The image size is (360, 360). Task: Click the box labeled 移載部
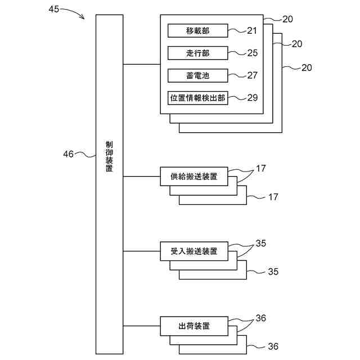click(197, 30)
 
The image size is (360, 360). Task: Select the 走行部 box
click(197, 53)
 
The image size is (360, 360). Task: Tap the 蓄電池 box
click(197, 75)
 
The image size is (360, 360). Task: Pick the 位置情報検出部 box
click(197, 98)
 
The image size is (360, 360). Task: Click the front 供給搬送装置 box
click(194, 176)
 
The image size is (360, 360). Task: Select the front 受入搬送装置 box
click(194, 251)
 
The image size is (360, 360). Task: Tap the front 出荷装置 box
click(194, 326)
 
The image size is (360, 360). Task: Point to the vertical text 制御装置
click(109, 156)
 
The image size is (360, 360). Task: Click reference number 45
click(54, 9)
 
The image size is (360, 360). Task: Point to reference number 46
click(68, 154)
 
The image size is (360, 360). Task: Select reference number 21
click(252, 31)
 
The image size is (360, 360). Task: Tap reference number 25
click(253, 53)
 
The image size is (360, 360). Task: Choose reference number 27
click(253, 75)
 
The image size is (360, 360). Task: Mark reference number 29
click(253, 98)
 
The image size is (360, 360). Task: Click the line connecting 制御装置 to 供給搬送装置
click(141, 176)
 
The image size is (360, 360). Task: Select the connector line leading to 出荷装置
click(141, 326)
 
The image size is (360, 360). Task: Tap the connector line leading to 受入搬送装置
click(141, 251)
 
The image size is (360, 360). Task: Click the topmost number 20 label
click(287, 19)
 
